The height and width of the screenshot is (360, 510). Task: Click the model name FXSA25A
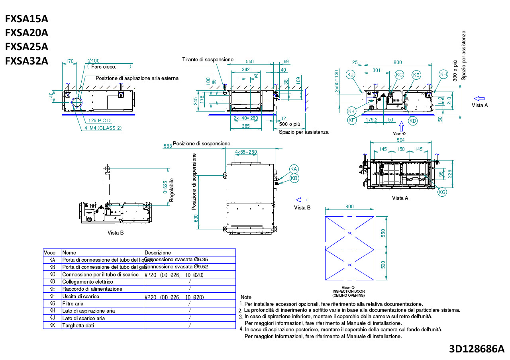coord(27,47)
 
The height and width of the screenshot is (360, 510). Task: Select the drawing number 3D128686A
coord(477,349)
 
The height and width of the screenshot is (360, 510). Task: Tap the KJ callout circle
coord(351,75)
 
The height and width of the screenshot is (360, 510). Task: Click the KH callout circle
coord(443,74)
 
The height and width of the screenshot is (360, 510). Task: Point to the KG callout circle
coord(442,192)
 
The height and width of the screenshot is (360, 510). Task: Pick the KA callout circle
coord(294,169)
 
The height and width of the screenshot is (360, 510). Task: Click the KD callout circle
coord(413,121)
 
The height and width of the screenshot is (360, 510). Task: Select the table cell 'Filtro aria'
coord(73,303)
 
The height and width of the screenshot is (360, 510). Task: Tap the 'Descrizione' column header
coord(158,252)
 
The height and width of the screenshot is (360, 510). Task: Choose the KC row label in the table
coord(52,274)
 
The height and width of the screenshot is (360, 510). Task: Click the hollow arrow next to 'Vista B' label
coord(301,200)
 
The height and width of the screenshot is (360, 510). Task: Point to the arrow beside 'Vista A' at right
coord(479,98)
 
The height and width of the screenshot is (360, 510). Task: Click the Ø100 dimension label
coord(93,61)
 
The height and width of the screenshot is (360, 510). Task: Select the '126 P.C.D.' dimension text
coord(100,120)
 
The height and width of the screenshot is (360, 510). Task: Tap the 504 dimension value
coord(400,140)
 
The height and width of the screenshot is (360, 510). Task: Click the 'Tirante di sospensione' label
coord(208,59)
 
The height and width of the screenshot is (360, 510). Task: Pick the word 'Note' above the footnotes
coord(246,297)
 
